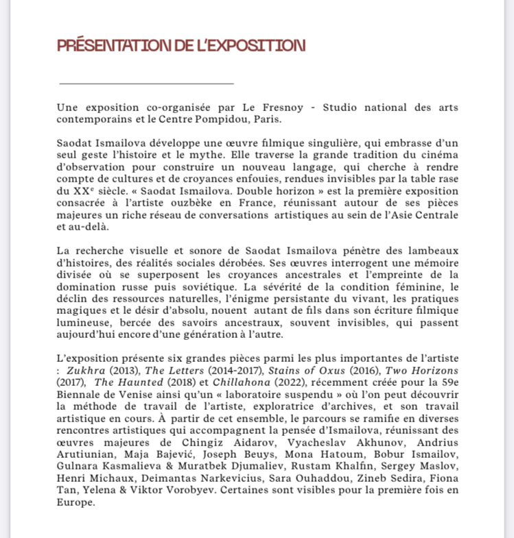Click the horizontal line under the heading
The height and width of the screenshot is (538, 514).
[146, 84]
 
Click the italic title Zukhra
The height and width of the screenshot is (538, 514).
[86, 370]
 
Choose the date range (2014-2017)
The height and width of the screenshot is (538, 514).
[234, 370]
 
